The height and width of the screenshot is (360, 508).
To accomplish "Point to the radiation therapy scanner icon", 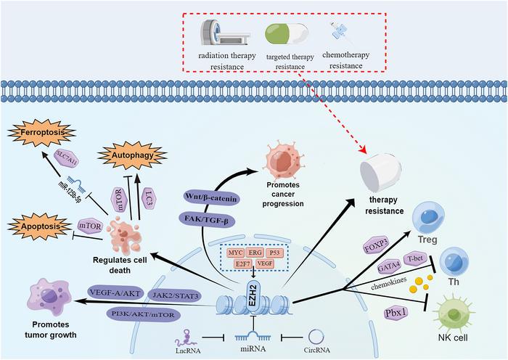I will click(218, 34).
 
